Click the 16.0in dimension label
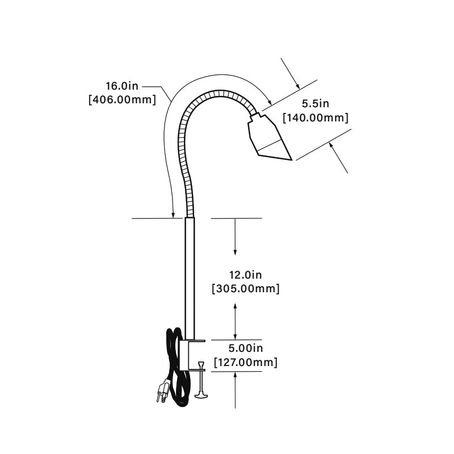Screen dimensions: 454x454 click(x=122, y=86)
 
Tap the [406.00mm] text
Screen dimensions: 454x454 click(x=122, y=100)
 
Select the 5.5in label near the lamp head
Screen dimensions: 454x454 click(x=316, y=104)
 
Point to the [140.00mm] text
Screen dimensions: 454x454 click(x=316, y=118)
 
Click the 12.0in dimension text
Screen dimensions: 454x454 click(x=246, y=275)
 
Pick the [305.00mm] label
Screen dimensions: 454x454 click(x=246, y=289)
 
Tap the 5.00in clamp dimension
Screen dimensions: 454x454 click(x=246, y=348)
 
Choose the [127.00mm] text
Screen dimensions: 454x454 click(x=246, y=362)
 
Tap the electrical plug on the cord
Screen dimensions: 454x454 click(x=162, y=390)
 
